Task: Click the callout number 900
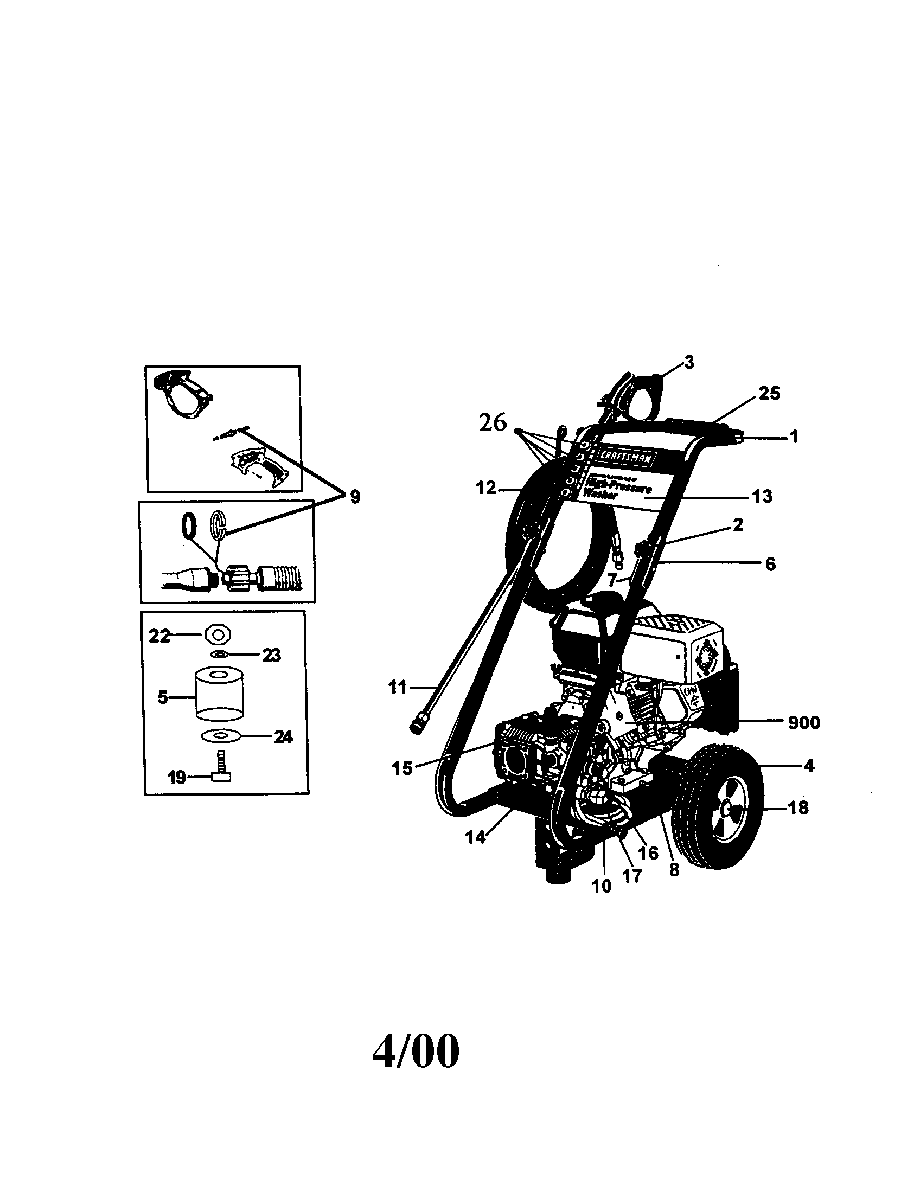click(803, 722)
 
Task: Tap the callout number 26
click(493, 423)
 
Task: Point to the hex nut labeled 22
click(218, 636)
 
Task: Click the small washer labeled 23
click(219, 655)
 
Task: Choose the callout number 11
click(398, 687)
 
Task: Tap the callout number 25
click(769, 393)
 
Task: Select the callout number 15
click(402, 768)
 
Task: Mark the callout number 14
click(475, 837)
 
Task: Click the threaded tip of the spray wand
click(417, 727)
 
